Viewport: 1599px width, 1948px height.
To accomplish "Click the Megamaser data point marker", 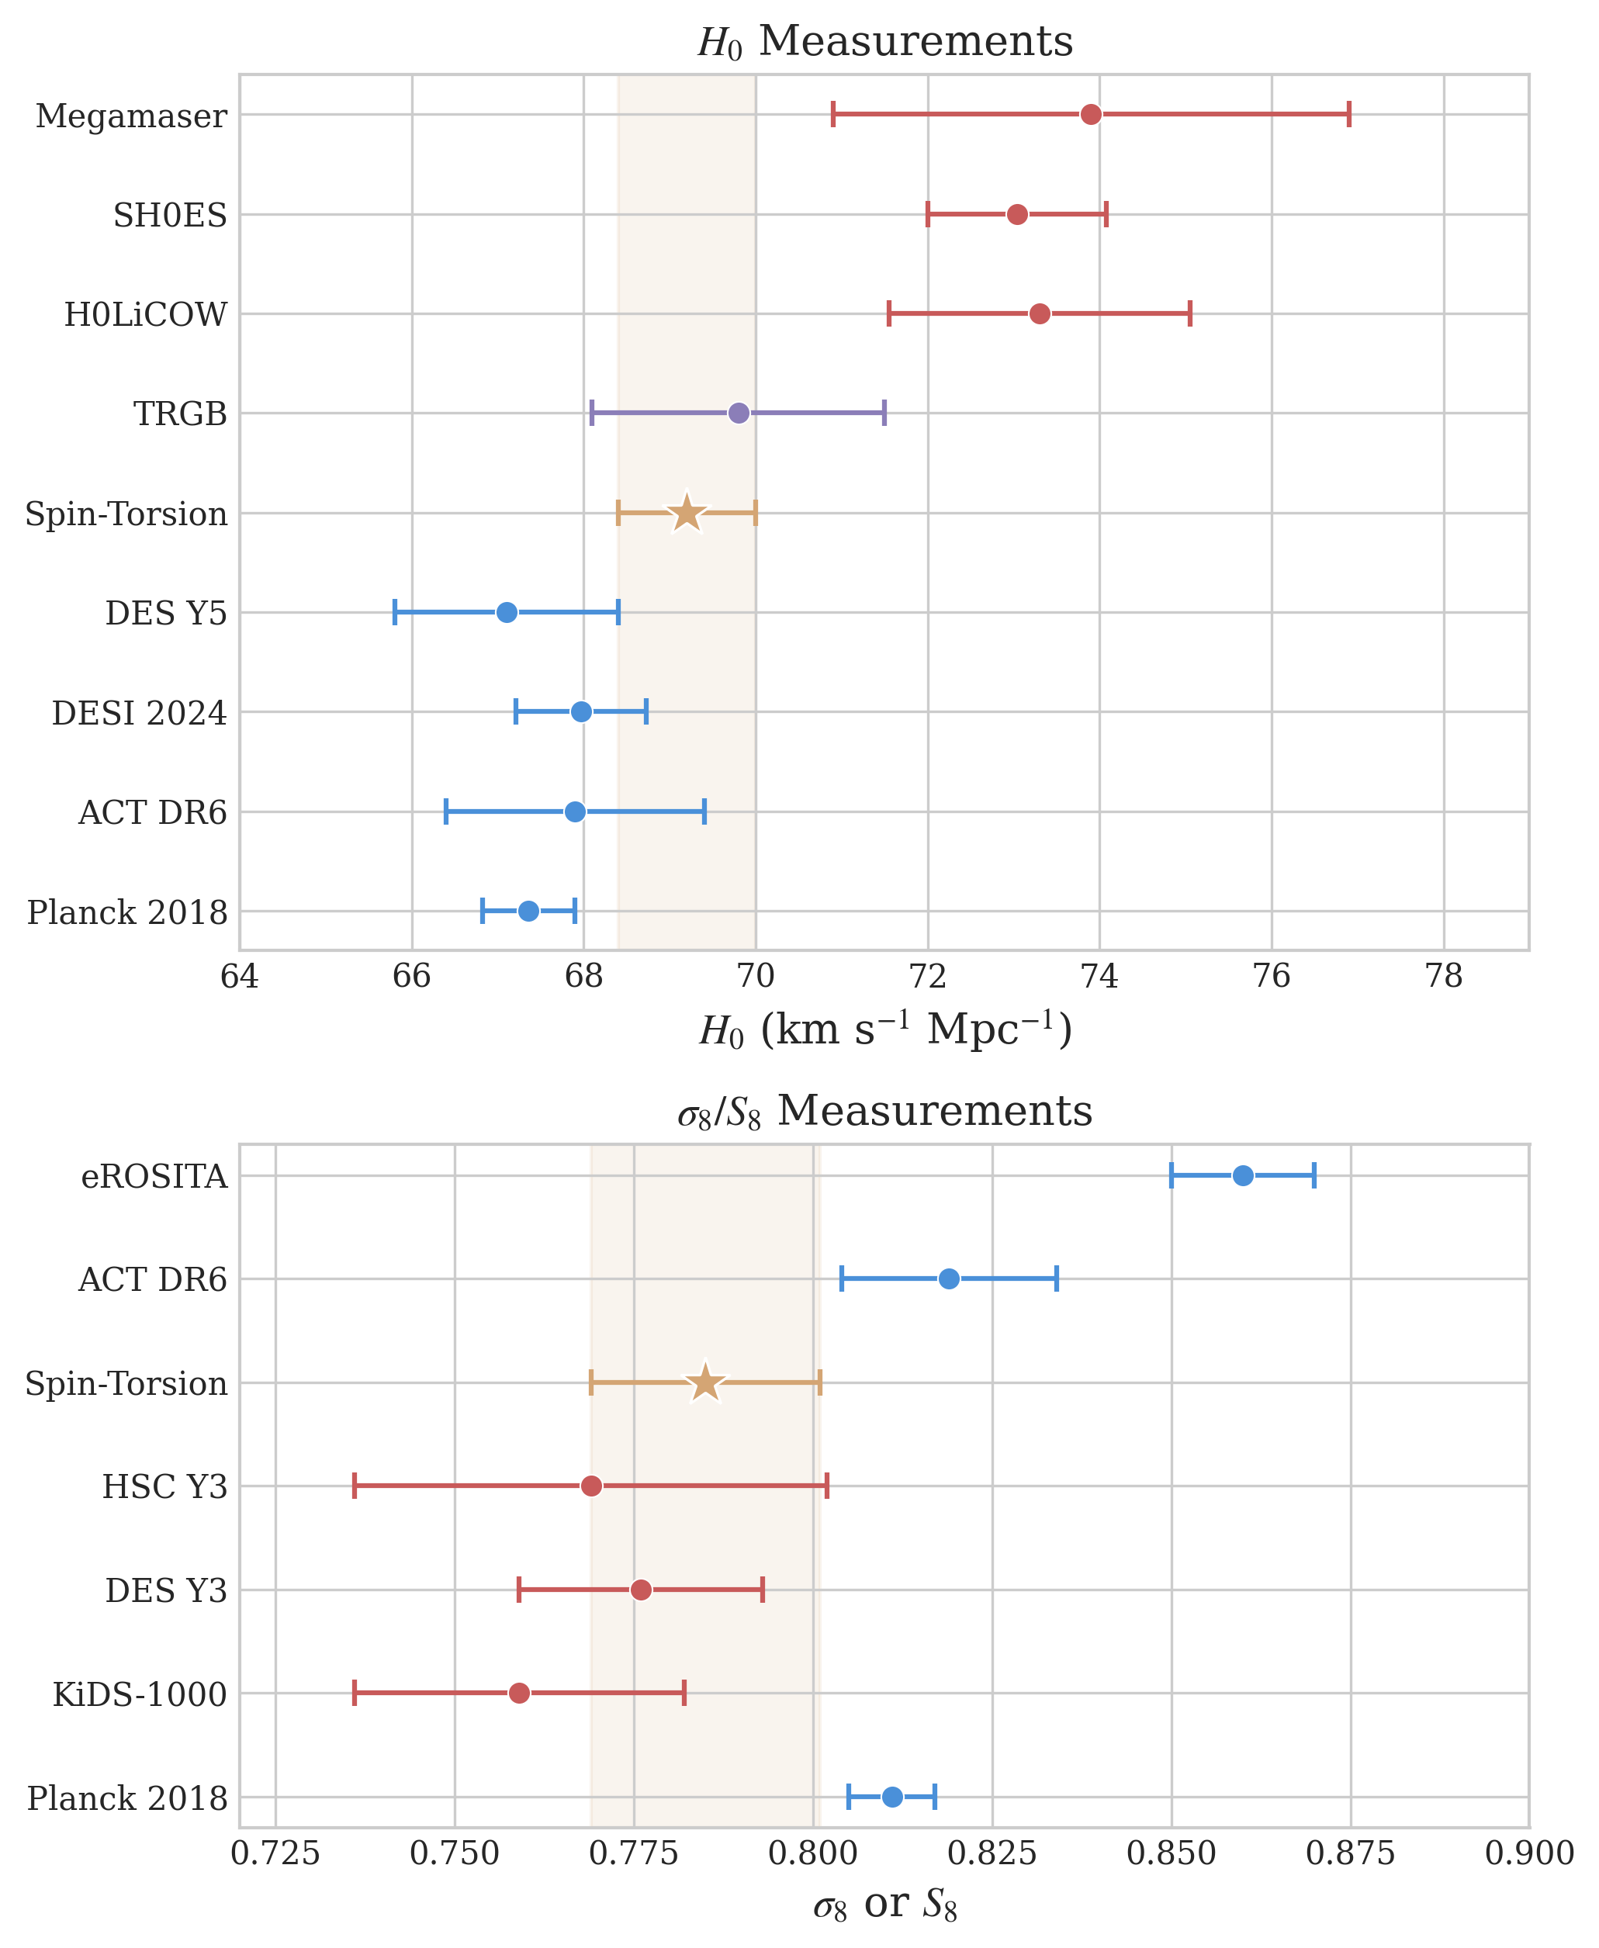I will point(1091,114).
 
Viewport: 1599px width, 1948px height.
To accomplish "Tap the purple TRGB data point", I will point(739,413).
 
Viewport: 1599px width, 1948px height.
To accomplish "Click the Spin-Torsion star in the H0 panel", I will point(686,513).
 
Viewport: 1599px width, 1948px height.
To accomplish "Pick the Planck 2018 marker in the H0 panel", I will point(528,911).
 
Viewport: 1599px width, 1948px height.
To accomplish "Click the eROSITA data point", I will point(1243,1175).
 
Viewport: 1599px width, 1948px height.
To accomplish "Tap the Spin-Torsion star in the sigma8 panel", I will point(705,1382).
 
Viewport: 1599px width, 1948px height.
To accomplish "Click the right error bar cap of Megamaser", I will point(1348,114).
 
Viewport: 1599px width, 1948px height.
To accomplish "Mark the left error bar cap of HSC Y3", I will point(355,1486).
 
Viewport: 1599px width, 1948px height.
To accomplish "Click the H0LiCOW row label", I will point(146,315).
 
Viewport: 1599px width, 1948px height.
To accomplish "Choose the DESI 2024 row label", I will point(139,713).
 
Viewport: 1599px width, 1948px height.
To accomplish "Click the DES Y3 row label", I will point(166,1590).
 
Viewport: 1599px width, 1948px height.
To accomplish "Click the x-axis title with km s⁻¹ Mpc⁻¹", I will point(884,1029).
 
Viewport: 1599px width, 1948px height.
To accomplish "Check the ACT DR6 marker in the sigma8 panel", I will point(949,1278).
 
